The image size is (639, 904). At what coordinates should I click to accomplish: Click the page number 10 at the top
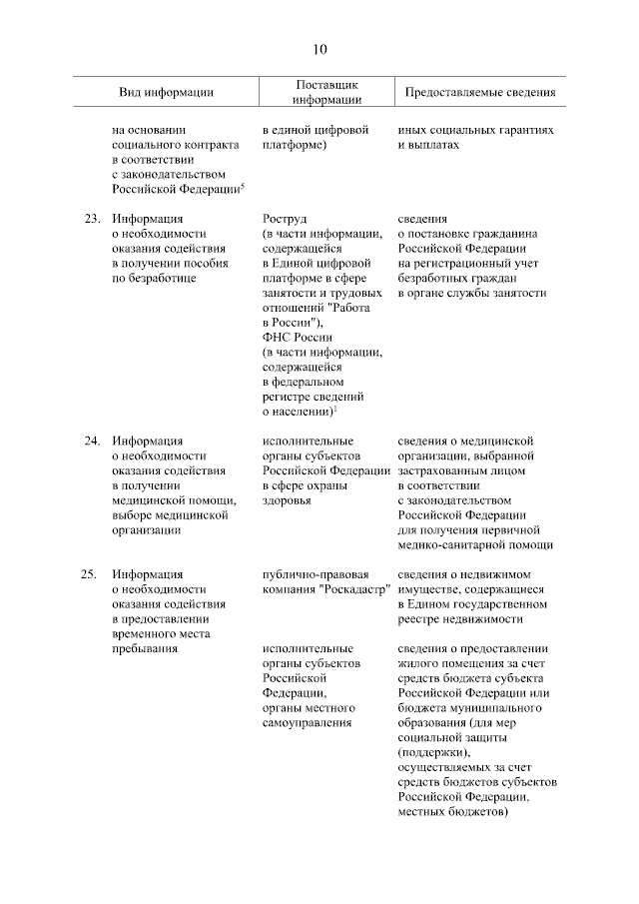tap(319, 49)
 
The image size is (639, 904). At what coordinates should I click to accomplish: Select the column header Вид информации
tap(166, 92)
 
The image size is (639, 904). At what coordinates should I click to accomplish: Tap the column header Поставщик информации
tap(326, 92)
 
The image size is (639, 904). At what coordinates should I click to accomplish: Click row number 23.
tap(92, 218)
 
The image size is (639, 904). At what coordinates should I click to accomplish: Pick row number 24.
tap(92, 441)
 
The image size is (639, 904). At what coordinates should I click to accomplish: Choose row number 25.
tap(92, 574)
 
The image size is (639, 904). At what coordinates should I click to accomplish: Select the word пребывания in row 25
tap(145, 649)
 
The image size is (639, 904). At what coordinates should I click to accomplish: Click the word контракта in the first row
tap(208, 145)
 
